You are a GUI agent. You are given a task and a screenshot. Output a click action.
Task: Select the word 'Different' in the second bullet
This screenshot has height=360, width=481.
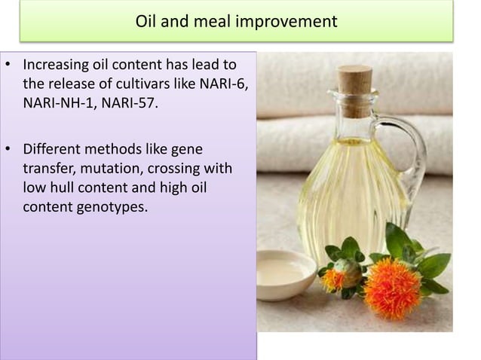point(54,151)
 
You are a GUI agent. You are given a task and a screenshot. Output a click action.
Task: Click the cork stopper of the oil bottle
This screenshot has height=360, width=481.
point(354,86)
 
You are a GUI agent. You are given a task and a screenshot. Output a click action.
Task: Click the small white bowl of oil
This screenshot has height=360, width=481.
point(285,273)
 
